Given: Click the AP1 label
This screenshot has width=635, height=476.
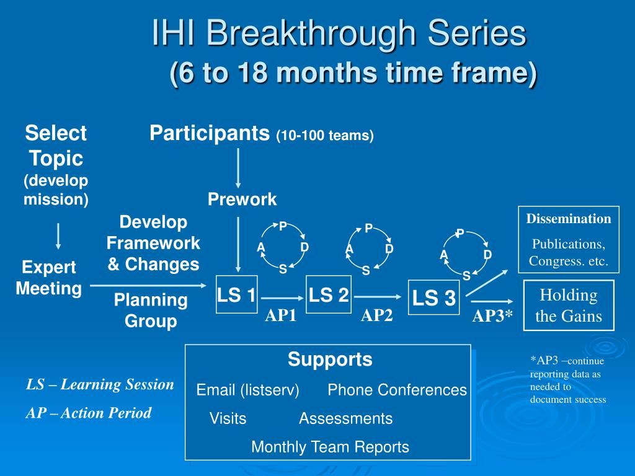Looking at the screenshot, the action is pos(281,315).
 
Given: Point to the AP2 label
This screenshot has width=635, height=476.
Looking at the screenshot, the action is pos(376,315).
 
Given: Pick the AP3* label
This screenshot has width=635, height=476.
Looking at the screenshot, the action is pos(492,315).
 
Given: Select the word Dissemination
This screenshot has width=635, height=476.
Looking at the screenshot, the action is pos(569,219).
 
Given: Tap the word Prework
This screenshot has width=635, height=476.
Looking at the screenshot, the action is pos(242,199).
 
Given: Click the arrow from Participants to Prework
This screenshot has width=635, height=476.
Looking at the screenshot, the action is pos(238,169).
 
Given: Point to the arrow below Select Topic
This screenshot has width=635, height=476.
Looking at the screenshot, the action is pos(58,236).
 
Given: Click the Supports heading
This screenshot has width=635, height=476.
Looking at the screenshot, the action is pos(330,359).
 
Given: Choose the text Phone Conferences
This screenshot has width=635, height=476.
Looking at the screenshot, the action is pos(397,390).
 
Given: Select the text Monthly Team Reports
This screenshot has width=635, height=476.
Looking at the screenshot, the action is pos(330,447).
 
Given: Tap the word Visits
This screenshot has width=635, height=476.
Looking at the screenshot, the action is pos(228,418).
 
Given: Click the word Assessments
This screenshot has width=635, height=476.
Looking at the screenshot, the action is pos(346,418).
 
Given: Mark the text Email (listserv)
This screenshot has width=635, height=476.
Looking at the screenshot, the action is pos(248,390).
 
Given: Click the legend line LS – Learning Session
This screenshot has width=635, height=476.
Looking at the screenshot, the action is pos(100,384).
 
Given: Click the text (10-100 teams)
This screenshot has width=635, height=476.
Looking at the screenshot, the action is pos(325,135).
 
